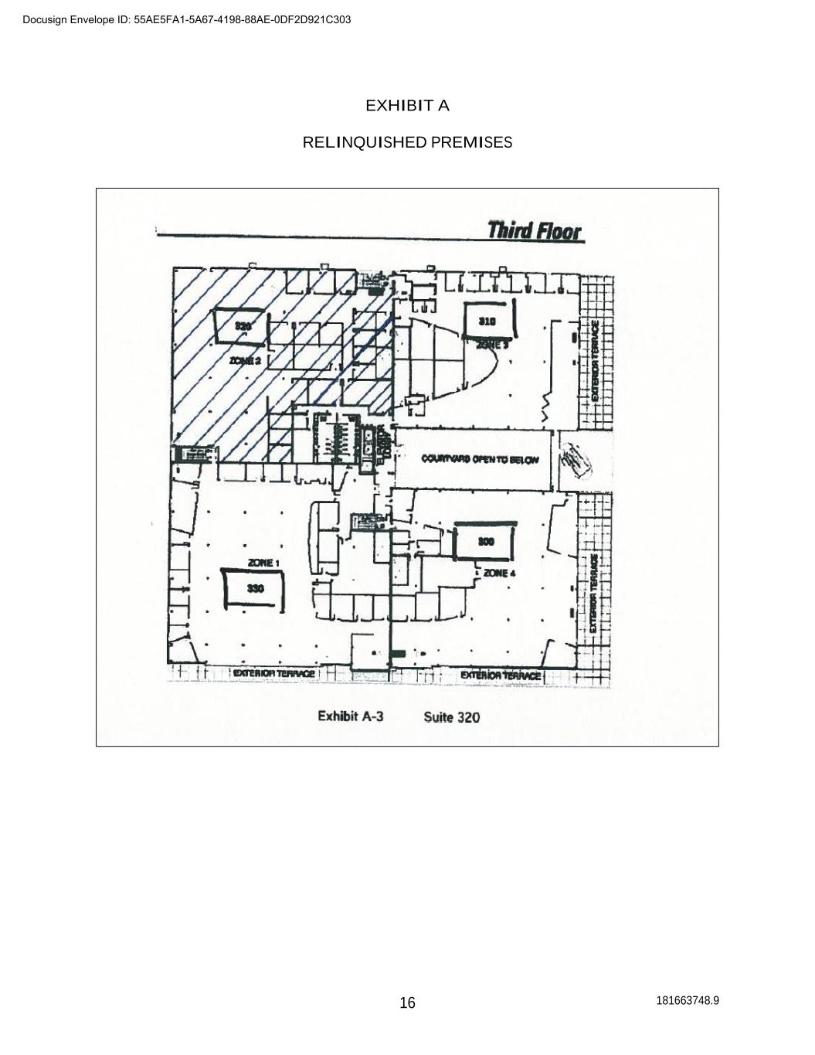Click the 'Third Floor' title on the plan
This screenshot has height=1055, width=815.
click(x=535, y=230)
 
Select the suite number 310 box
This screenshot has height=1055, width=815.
click(x=487, y=321)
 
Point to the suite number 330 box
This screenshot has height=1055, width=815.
click(x=255, y=589)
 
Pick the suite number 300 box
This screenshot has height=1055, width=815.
click(x=486, y=542)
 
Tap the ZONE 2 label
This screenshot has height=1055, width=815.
click(x=245, y=360)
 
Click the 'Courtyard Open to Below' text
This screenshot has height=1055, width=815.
click(x=480, y=459)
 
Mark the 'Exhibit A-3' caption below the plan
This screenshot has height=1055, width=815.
click(x=351, y=716)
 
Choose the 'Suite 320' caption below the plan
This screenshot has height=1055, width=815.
click(x=451, y=717)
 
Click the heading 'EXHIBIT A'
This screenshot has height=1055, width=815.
click(x=407, y=105)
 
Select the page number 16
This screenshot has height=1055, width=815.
click(x=407, y=1002)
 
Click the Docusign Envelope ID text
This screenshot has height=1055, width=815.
click(x=186, y=19)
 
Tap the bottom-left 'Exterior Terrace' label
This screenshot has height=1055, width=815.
click(x=273, y=674)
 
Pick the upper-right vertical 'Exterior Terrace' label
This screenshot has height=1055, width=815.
click(x=595, y=360)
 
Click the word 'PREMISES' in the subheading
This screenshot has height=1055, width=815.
click(x=471, y=142)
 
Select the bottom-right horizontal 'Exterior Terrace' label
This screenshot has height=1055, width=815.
click(x=501, y=676)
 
